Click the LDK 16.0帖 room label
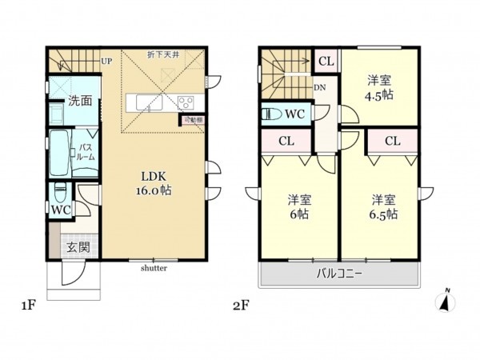click(155, 184)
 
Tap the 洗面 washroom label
click(78, 101)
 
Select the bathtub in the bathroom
click(59, 153)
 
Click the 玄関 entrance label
click(78, 247)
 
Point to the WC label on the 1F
click(61, 210)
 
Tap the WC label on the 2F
click(293, 114)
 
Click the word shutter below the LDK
click(154, 268)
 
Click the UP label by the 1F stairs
click(106, 61)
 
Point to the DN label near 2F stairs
click(320, 88)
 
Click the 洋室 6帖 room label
click(298, 206)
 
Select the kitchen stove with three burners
click(185, 102)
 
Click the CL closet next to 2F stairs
click(326, 61)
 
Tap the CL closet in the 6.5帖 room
click(392, 142)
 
